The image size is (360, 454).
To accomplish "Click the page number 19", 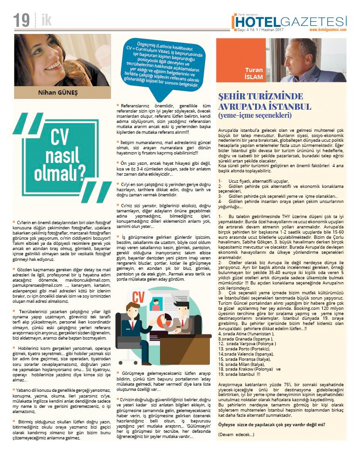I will click(21, 20).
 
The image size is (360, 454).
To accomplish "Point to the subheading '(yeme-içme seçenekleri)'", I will click(255, 114).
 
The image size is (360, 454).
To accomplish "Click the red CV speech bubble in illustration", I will click(138, 311).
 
